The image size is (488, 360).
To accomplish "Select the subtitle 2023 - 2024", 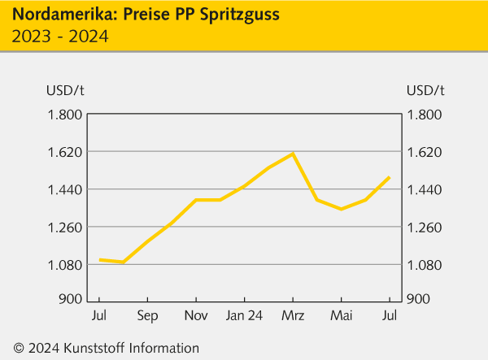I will tap(60, 37).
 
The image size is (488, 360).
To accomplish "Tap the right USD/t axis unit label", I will tap(425, 89).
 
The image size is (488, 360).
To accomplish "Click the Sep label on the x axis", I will tap(147, 315).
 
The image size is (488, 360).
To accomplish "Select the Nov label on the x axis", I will tap(196, 315).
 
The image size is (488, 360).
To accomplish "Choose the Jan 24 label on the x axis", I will tap(244, 315).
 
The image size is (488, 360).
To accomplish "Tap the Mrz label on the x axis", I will tap(293, 315).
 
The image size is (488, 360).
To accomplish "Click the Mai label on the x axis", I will tap(341, 315).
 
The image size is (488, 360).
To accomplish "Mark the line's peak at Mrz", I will tap(293, 154).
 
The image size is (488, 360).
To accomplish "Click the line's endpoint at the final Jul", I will tap(390, 177).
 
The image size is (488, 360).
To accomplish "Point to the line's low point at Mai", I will tap(341, 209).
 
